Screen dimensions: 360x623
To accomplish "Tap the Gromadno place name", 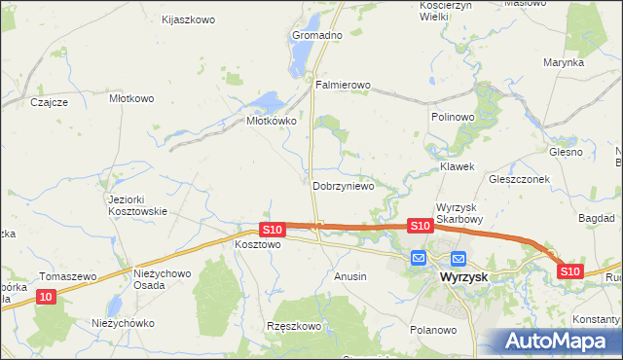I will pyautogui.click(x=317, y=35).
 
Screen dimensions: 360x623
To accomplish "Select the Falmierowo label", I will pyautogui.click(x=343, y=86).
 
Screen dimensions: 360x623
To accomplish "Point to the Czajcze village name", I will pyautogui.click(x=49, y=102).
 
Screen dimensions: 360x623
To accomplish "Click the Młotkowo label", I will pyautogui.click(x=132, y=98).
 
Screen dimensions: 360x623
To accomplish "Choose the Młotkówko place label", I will pyautogui.click(x=271, y=122).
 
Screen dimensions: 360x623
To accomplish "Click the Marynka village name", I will pyautogui.click(x=564, y=62).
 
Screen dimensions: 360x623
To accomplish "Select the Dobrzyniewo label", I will pyautogui.click(x=344, y=186).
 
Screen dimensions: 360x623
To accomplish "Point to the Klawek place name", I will pyautogui.click(x=457, y=166).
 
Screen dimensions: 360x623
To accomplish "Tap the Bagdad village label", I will pyautogui.click(x=596, y=219).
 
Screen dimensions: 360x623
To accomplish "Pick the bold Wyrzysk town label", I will pyautogui.click(x=462, y=276).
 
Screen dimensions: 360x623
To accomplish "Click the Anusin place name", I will pyautogui.click(x=350, y=276).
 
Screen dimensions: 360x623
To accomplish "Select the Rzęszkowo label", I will pyautogui.click(x=295, y=326).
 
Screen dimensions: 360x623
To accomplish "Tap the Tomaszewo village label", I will pyautogui.click(x=68, y=276).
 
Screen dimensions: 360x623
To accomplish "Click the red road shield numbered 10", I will pyautogui.click(x=48, y=296).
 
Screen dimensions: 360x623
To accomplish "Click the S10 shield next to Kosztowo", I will pyautogui.click(x=272, y=230).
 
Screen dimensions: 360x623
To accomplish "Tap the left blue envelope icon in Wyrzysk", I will pyautogui.click(x=419, y=258).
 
